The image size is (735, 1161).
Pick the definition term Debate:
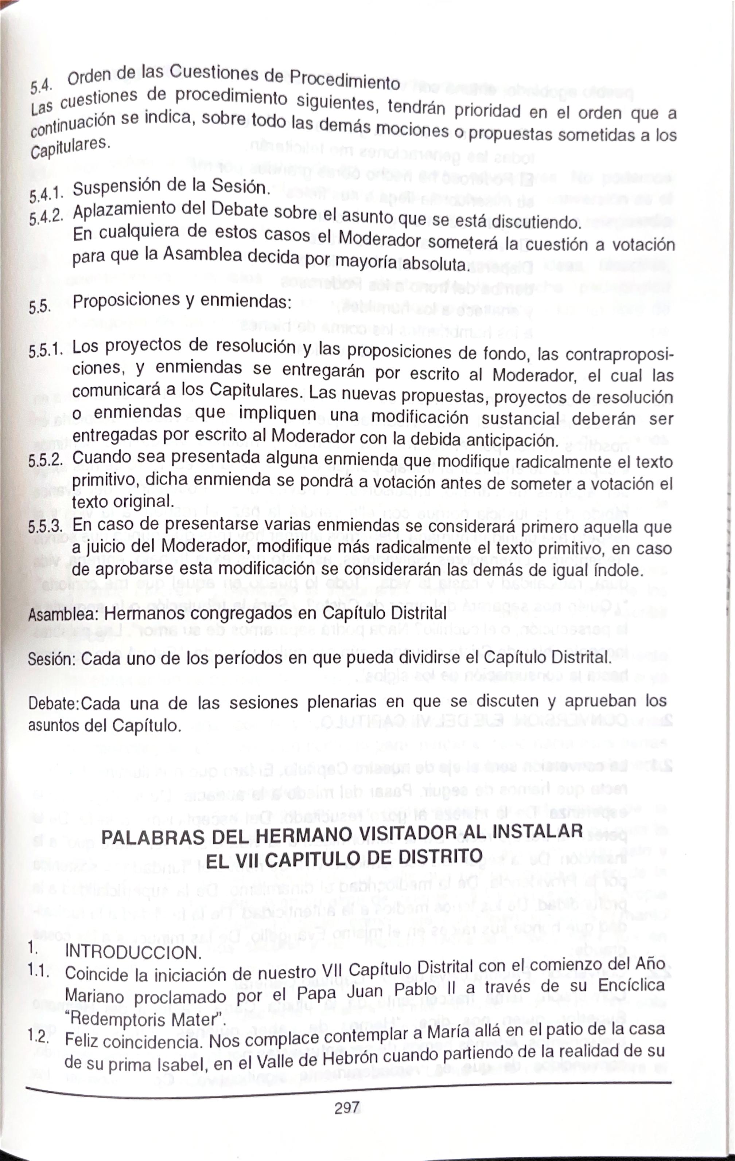(54, 704)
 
